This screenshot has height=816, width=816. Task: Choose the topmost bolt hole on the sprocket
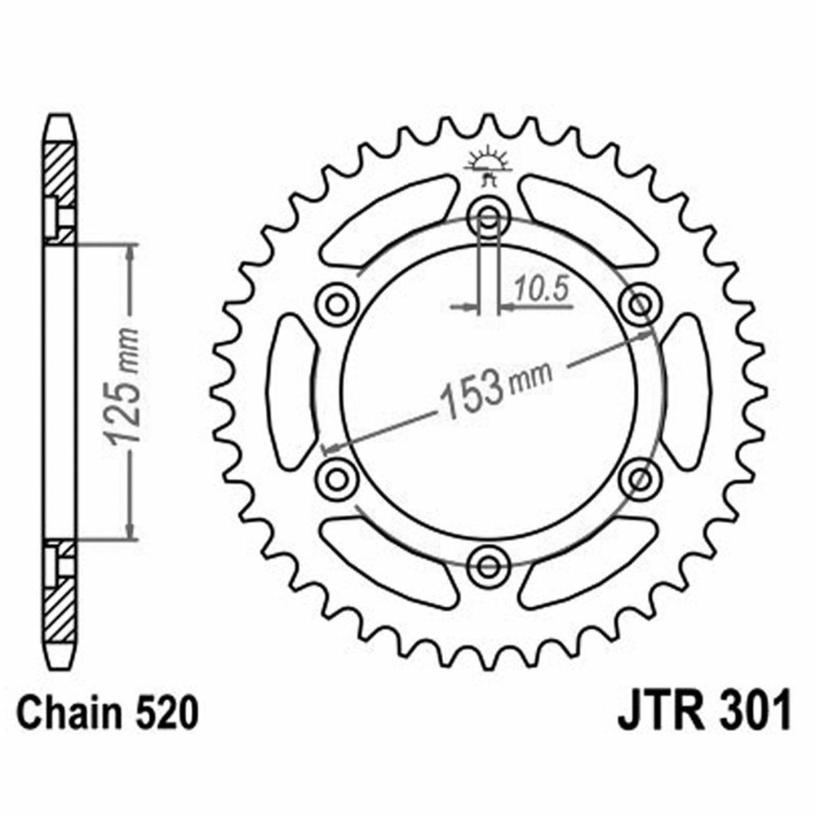pos(489,218)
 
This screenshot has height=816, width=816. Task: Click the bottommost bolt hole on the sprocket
pos(489,563)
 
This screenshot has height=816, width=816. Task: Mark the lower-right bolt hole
pos(639,477)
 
